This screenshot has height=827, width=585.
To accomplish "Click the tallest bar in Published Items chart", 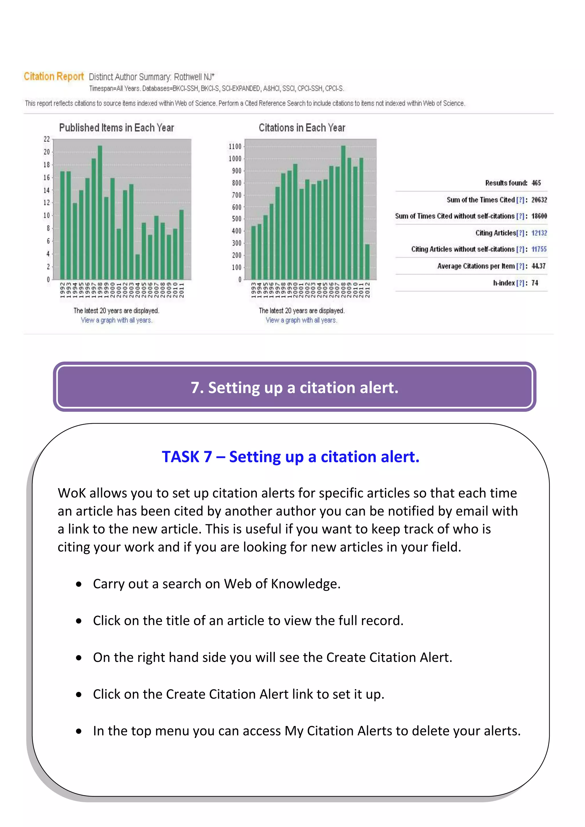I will tap(100, 212).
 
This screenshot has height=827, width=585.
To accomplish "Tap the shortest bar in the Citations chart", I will tap(367, 262).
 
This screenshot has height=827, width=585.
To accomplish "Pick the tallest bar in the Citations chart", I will tap(343, 212).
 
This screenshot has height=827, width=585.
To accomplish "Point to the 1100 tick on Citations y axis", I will tap(235, 146).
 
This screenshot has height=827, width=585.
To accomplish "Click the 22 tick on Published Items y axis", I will tap(47, 139).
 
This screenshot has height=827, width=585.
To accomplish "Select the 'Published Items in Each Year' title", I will tap(116, 128).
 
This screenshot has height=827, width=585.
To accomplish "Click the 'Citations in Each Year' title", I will tap(302, 128).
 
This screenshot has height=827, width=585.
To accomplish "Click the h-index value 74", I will tap(534, 283).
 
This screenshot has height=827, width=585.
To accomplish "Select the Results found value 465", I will tap(536, 183).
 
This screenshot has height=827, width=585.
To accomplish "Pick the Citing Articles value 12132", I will tap(539, 233).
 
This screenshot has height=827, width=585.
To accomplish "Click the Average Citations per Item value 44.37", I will tap(538, 266).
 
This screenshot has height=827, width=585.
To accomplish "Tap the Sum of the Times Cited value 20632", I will tap(539, 200).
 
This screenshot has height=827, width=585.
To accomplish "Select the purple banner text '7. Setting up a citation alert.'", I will tap(294, 388).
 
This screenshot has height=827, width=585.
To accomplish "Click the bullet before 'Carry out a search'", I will tap(79, 584).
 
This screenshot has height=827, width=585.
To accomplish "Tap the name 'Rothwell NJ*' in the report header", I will tap(194, 77).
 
